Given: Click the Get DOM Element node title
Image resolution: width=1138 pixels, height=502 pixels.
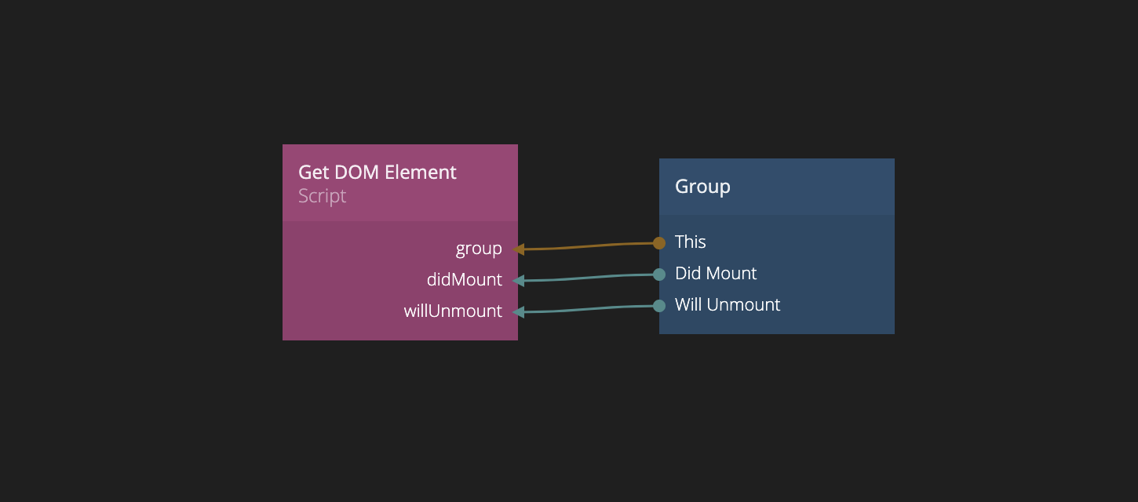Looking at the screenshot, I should pyautogui.click(x=377, y=173).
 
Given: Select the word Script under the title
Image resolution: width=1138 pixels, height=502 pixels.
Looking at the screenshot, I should pyautogui.click(x=322, y=196).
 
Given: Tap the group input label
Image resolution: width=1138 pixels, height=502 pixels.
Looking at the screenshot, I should pyautogui.click(x=479, y=249).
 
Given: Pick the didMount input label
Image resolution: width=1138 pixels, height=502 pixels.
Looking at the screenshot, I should pyautogui.click(x=465, y=280).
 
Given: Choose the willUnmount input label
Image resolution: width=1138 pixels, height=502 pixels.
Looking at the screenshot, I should pyautogui.click(x=453, y=311).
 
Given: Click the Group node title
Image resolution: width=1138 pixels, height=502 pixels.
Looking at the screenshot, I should pyautogui.click(x=702, y=187).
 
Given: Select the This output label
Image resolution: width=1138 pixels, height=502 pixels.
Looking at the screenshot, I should pyautogui.click(x=691, y=242).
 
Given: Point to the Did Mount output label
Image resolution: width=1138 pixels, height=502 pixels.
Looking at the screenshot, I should pyautogui.click(x=716, y=274).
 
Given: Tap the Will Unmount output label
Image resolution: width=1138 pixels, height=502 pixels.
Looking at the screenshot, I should pyautogui.click(x=728, y=305).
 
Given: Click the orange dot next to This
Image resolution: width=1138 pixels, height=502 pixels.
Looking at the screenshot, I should pyautogui.click(x=659, y=243).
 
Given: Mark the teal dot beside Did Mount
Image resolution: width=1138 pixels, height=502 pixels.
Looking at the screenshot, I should pyautogui.click(x=659, y=275).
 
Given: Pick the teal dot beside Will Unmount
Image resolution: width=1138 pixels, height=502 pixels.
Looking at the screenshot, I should pyautogui.click(x=659, y=306).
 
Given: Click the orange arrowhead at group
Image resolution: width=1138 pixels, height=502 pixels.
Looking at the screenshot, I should pyautogui.click(x=519, y=249).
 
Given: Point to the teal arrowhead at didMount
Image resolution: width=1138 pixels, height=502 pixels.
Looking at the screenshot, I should pyautogui.click(x=519, y=281).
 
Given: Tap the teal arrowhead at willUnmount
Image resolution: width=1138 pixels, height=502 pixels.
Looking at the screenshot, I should pyautogui.click(x=519, y=312).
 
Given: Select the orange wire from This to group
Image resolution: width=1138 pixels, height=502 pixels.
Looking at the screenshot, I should pyautogui.click(x=589, y=246).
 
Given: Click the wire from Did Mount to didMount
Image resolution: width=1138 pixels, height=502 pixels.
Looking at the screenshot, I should pyautogui.click(x=589, y=278).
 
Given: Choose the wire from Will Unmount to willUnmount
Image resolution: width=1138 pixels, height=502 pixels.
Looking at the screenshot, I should pyautogui.click(x=589, y=309).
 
